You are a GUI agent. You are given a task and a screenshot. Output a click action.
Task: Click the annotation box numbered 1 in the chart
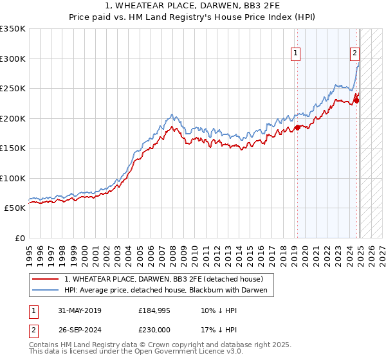295,54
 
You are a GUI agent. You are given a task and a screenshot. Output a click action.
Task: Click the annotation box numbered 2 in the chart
354,54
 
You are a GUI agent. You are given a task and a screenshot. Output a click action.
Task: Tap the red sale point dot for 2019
297,128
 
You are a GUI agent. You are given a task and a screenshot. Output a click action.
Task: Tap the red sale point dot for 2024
357,99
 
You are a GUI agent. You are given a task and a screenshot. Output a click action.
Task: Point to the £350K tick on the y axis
13,29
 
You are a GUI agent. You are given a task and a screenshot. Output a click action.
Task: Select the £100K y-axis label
13,178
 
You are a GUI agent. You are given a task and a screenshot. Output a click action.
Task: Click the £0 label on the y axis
19,238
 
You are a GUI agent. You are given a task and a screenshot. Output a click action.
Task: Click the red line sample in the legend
46,279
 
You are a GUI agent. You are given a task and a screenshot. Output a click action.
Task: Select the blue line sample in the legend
46,291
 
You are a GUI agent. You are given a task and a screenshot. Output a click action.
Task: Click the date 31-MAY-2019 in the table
79,310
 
